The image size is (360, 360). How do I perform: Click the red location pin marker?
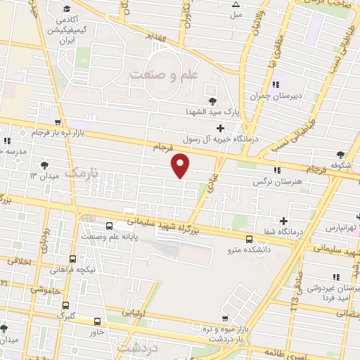(181, 165)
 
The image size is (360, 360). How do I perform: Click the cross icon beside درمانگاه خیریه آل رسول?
(221, 128)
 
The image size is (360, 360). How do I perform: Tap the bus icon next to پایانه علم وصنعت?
(109, 226)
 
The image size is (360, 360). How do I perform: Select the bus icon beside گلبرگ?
(65, 306)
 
